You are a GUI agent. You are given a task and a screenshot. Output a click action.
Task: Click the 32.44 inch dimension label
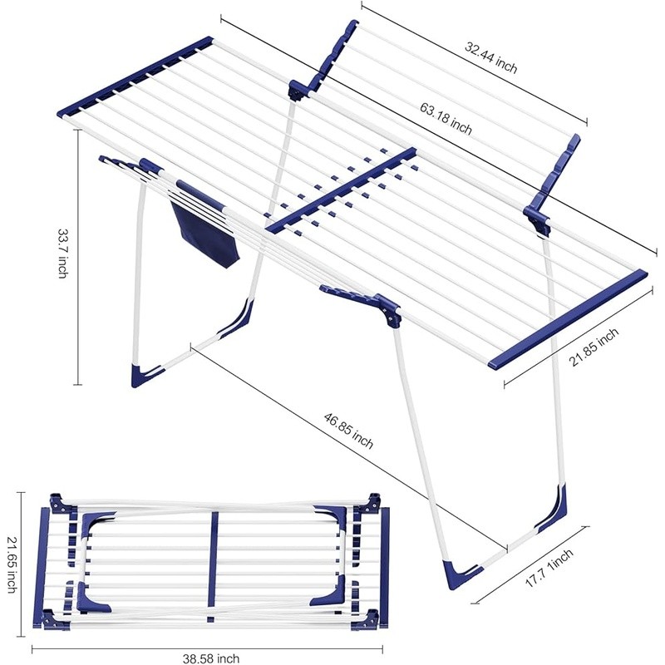(491, 57)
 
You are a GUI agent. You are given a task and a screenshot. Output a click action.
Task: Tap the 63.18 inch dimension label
(446, 118)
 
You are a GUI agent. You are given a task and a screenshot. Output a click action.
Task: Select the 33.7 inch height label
(63, 254)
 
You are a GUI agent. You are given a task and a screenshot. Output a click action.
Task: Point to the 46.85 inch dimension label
(348, 431)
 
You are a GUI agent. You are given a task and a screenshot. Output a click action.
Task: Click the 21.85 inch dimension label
(594, 347)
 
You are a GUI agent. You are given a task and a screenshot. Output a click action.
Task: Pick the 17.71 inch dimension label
(549, 568)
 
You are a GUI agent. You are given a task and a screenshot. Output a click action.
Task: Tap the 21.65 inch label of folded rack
(11, 565)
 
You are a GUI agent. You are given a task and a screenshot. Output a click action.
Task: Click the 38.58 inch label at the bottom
(211, 658)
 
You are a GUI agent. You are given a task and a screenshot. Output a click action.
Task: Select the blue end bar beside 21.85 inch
(569, 318)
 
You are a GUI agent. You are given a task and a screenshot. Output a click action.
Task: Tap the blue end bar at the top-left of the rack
(135, 76)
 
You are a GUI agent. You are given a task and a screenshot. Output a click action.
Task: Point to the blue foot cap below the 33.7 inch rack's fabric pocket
(147, 373)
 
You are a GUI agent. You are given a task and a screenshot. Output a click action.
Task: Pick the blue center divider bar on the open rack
(341, 190)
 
